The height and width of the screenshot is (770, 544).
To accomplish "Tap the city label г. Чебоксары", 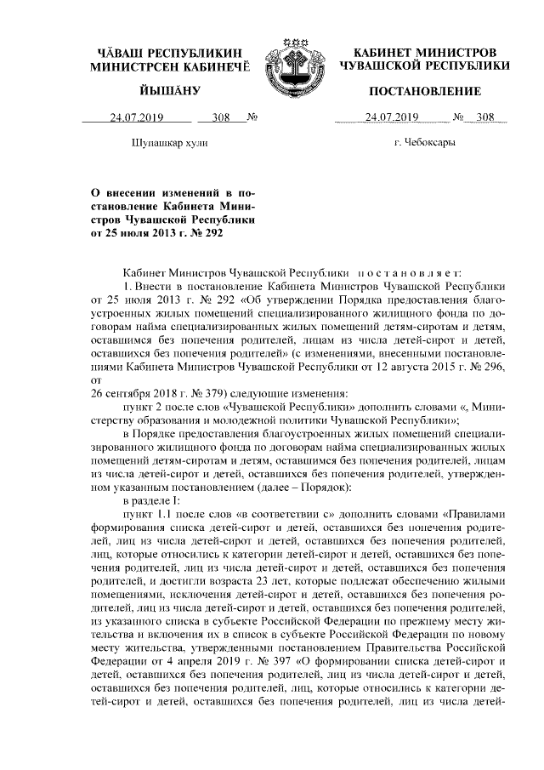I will coord(425,143).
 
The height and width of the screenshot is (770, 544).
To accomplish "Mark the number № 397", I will coord(253,661).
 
